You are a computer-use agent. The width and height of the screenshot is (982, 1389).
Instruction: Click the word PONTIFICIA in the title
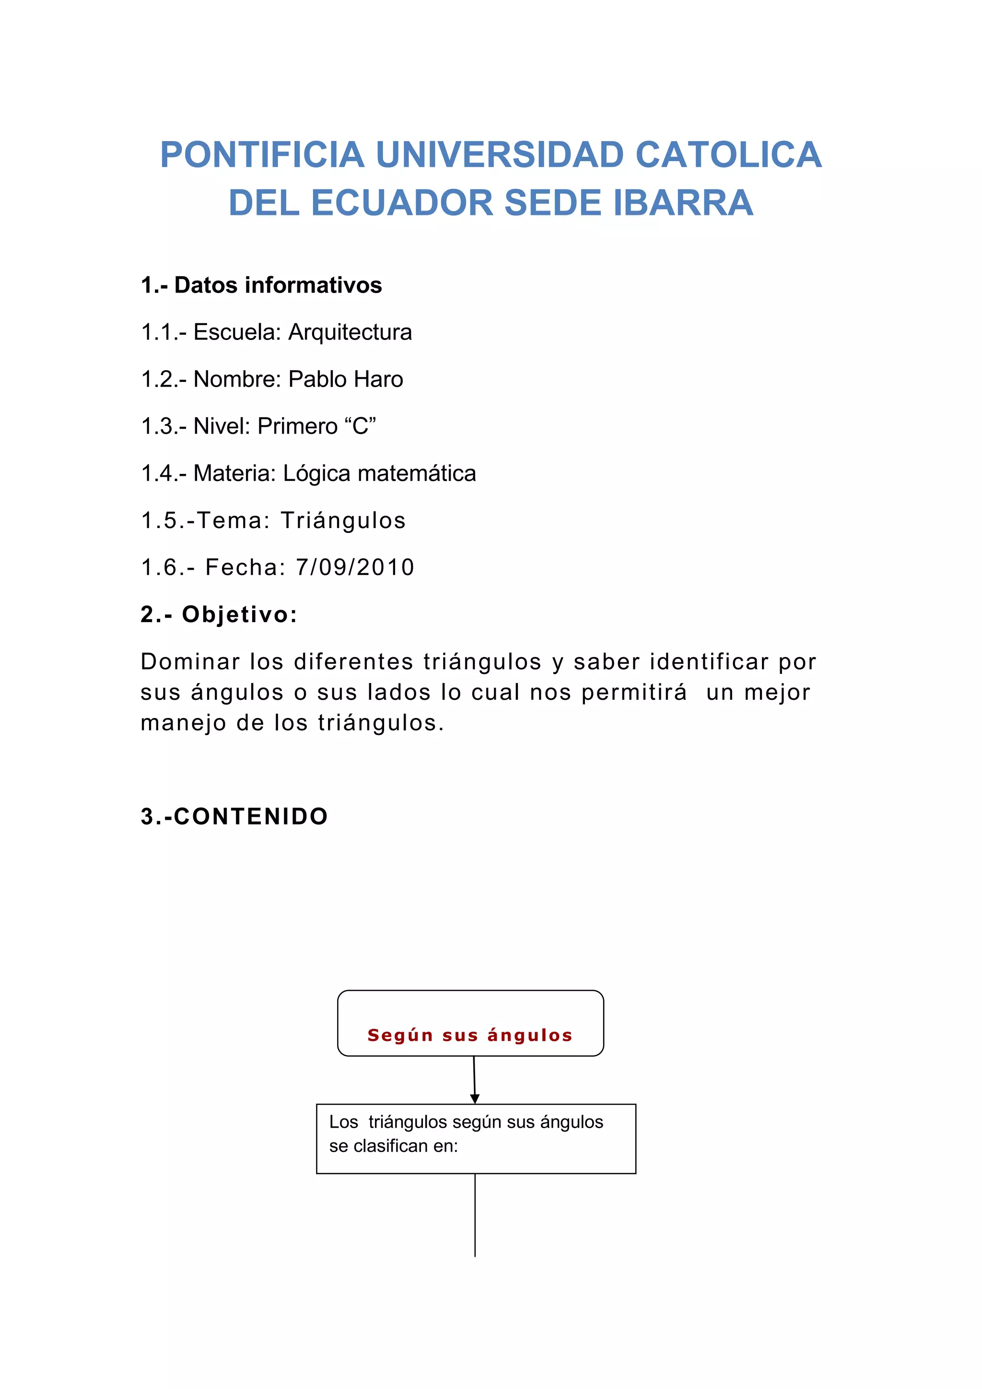(x=262, y=155)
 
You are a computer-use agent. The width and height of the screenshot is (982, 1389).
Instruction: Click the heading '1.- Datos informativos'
(x=261, y=285)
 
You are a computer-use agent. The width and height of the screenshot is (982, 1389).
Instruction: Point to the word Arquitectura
(x=350, y=332)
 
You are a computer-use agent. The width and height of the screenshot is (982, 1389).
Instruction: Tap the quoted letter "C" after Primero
(x=361, y=426)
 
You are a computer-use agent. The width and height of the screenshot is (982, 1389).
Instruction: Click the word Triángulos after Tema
(x=343, y=520)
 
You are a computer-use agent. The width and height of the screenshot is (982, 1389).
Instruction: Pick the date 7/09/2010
(x=355, y=567)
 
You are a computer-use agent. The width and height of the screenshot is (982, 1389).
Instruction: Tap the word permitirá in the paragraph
(x=634, y=692)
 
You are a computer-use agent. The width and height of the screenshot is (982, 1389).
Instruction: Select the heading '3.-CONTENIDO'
(x=234, y=816)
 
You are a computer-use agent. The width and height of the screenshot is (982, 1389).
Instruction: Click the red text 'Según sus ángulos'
(x=470, y=1035)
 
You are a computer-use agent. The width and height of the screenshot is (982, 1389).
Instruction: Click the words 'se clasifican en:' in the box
(x=394, y=1146)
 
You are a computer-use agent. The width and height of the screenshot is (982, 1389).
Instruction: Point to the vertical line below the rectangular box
(x=475, y=1216)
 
